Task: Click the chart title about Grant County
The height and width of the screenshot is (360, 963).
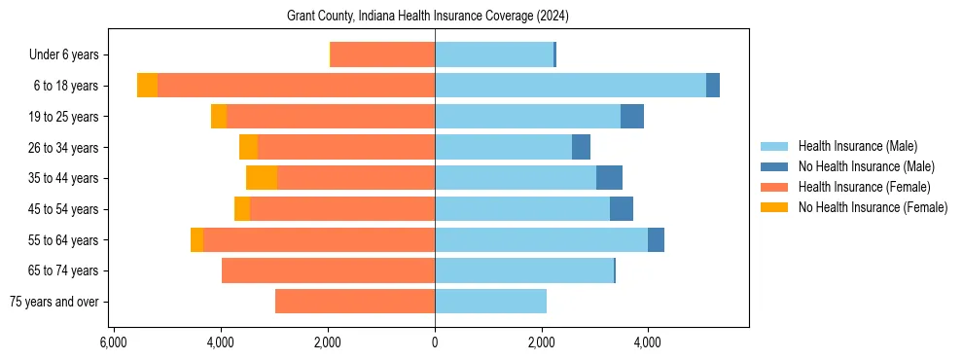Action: point(428,17)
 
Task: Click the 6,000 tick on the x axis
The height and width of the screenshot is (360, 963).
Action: point(114,342)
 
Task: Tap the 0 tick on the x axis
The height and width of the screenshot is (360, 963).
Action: point(435,342)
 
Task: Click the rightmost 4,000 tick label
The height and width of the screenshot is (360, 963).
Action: point(648,342)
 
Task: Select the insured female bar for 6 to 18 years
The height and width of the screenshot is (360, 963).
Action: point(296,86)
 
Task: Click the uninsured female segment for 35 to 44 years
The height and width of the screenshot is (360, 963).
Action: point(262,178)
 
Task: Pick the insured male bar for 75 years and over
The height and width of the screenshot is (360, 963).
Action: point(490,302)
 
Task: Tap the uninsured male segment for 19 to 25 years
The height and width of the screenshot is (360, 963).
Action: point(632,117)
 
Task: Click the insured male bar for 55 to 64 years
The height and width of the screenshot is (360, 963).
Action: point(541,240)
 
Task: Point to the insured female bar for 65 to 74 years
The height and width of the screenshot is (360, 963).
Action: point(328,270)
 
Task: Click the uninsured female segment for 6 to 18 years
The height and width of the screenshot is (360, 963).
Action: point(147,86)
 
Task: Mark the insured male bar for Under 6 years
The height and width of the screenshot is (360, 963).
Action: point(494,55)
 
